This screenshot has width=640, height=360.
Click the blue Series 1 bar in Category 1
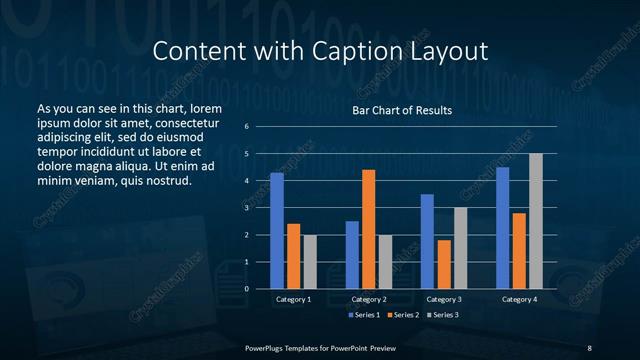277,231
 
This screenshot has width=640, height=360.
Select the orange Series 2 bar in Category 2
369,229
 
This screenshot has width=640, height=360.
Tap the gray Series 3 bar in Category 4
536,221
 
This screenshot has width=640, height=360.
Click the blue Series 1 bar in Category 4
503,228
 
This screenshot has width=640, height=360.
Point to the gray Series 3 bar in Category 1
310,262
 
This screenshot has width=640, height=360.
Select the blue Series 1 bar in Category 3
427,241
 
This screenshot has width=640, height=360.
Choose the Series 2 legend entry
403,315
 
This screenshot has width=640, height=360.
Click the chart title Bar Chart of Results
402,110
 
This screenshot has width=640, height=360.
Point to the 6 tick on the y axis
247,127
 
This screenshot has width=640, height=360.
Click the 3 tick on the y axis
247,208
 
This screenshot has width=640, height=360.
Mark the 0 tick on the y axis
247,289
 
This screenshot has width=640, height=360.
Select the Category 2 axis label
369,299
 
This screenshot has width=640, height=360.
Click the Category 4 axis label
519,299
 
